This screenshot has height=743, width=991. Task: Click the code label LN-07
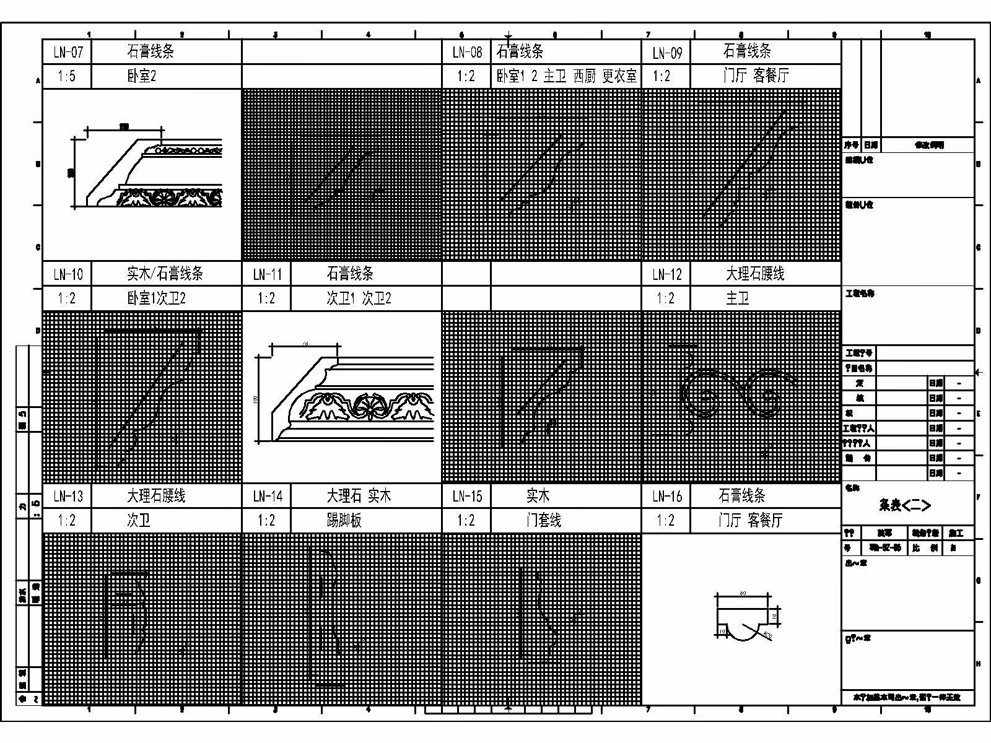[68, 52]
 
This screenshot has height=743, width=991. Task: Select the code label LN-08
[466, 52]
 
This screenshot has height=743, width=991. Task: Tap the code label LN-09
[666, 52]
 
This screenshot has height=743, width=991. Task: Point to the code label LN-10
[68, 274]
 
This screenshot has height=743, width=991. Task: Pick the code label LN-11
[267, 274]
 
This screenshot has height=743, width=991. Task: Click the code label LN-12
[666, 274]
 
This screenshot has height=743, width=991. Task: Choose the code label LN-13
[68, 496]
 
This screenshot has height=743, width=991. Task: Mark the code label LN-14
[267, 496]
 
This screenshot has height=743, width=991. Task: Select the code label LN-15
[466, 496]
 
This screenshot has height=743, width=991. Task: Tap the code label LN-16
[666, 496]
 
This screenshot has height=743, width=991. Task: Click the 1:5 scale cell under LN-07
[68, 76]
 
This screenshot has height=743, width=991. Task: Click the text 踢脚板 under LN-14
[344, 520]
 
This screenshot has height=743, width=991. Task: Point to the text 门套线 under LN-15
[543, 520]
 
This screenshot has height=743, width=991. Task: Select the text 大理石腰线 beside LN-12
[755, 274]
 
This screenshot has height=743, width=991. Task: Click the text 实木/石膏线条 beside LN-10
[165, 274]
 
